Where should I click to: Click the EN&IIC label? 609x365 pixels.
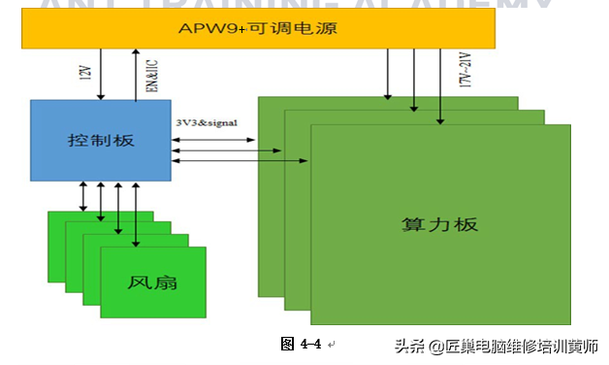150,74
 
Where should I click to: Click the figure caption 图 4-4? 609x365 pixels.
300,343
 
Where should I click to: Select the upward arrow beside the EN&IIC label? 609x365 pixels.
135,73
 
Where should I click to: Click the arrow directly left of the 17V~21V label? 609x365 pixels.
441,87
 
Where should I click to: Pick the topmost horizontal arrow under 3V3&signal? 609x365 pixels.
213,140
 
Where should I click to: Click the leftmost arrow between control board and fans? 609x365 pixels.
84,195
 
